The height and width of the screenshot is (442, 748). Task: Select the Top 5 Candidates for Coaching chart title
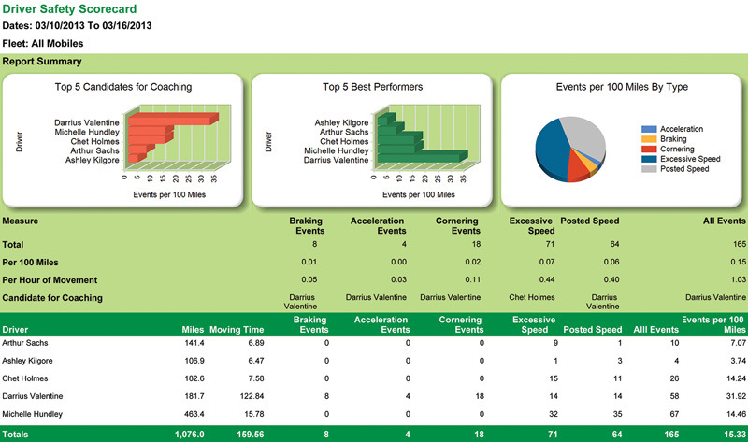pyautogui.click(x=123, y=87)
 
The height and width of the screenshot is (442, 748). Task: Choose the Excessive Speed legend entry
pyautogui.click(x=689, y=159)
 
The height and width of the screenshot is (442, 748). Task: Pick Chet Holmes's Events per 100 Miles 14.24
pyautogui.click(x=732, y=379)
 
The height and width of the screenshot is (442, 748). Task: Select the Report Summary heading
pyautogui.click(x=41, y=62)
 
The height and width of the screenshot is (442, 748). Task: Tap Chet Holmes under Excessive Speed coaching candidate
pyautogui.click(x=531, y=297)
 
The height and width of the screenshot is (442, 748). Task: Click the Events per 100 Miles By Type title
pyautogui.click(x=622, y=87)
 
